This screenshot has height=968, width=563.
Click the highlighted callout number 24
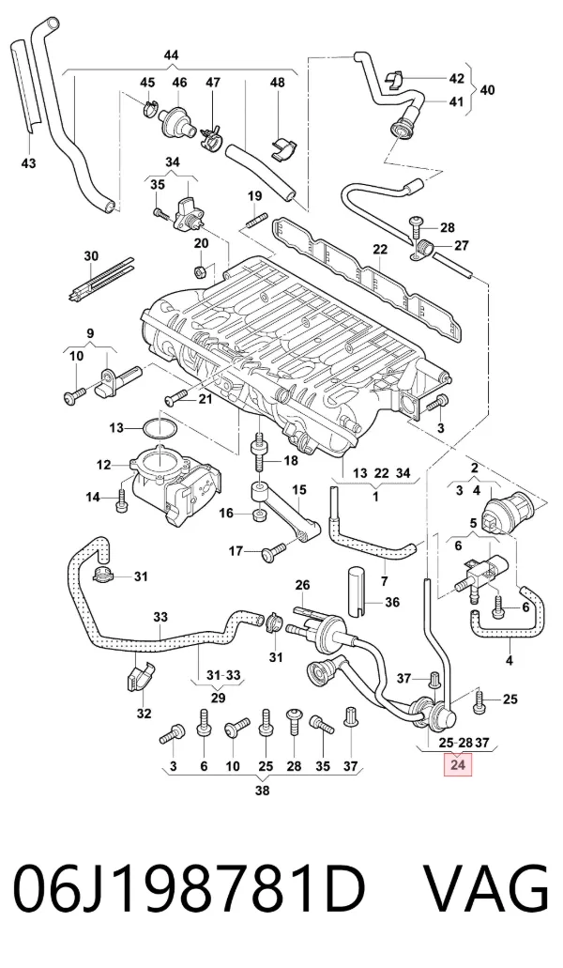[458, 765]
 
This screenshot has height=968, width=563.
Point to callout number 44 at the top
[171, 55]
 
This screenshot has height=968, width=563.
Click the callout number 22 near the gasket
[380, 249]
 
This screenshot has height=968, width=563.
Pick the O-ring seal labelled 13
[160, 428]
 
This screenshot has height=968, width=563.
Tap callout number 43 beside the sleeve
[28, 163]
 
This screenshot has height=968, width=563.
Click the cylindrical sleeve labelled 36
[357, 591]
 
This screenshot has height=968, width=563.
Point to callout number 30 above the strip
[91, 255]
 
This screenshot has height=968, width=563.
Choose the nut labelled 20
[200, 269]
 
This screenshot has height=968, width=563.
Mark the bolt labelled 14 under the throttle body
[121, 500]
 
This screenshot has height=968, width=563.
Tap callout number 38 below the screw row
[262, 791]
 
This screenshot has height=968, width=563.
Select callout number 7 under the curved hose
[384, 581]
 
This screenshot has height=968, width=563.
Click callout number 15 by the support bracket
[299, 490]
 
